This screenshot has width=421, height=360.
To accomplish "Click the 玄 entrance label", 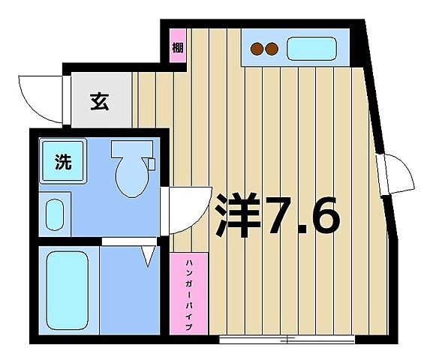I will click(x=99, y=100).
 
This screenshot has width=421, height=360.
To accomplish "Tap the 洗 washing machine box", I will click(x=62, y=160).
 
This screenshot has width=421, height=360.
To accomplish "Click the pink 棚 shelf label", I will click(x=176, y=49).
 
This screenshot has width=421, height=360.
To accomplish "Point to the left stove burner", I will click(x=257, y=49).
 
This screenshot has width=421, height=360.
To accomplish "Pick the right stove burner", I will click(x=272, y=49).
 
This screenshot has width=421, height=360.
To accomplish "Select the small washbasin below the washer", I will click(x=55, y=214).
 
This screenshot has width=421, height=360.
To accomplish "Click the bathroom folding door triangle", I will click(x=148, y=256).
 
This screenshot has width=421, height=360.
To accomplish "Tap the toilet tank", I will click(x=131, y=148).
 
